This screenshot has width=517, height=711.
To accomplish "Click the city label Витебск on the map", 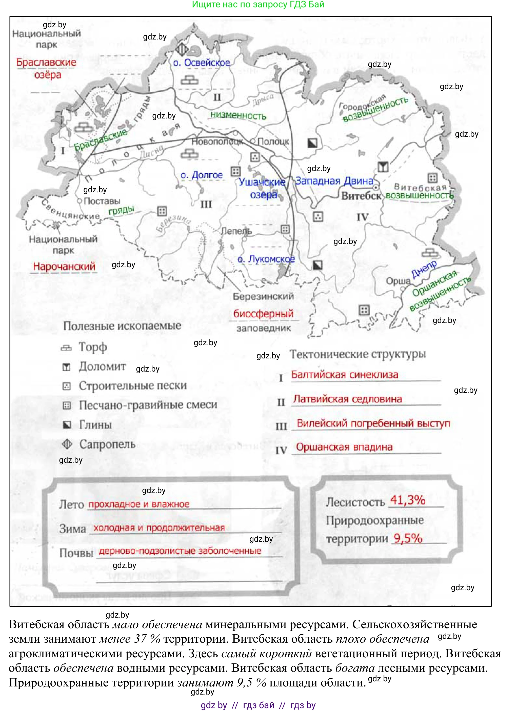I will pyautogui.click(x=361, y=196).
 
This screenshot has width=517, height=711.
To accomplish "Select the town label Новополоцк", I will pyautogui.click(x=217, y=142).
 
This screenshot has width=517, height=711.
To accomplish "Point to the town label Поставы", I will pyautogui.click(x=102, y=201).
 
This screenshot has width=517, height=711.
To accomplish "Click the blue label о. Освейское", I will pyautogui.click(x=202, y=63).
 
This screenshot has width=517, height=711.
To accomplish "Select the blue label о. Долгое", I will pyautogui.click(x=202, y=175).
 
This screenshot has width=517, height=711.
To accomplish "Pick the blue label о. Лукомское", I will pyautogui.click(x=266, y=259).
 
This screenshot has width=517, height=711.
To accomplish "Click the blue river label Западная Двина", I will pyautogui.click(x=334, y=181).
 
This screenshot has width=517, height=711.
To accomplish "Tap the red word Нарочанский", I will pyautogui.click(x=64, y=267).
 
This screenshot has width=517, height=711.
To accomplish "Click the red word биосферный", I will pyautogui.click(x=263, y=314).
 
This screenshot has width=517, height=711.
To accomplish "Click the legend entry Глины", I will pyautogui.click(x=95, y=425).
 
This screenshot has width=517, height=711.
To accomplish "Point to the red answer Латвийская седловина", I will pyautogui.click(x=347, y=399).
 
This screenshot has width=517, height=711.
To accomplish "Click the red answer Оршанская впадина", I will pyautogui.click(x=344, y=447).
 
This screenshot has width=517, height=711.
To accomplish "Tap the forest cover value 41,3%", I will pyautogui.click(x=408, y=500).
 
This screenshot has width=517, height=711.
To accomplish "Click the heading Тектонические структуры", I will pyautogui.click(x=358, y=354).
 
